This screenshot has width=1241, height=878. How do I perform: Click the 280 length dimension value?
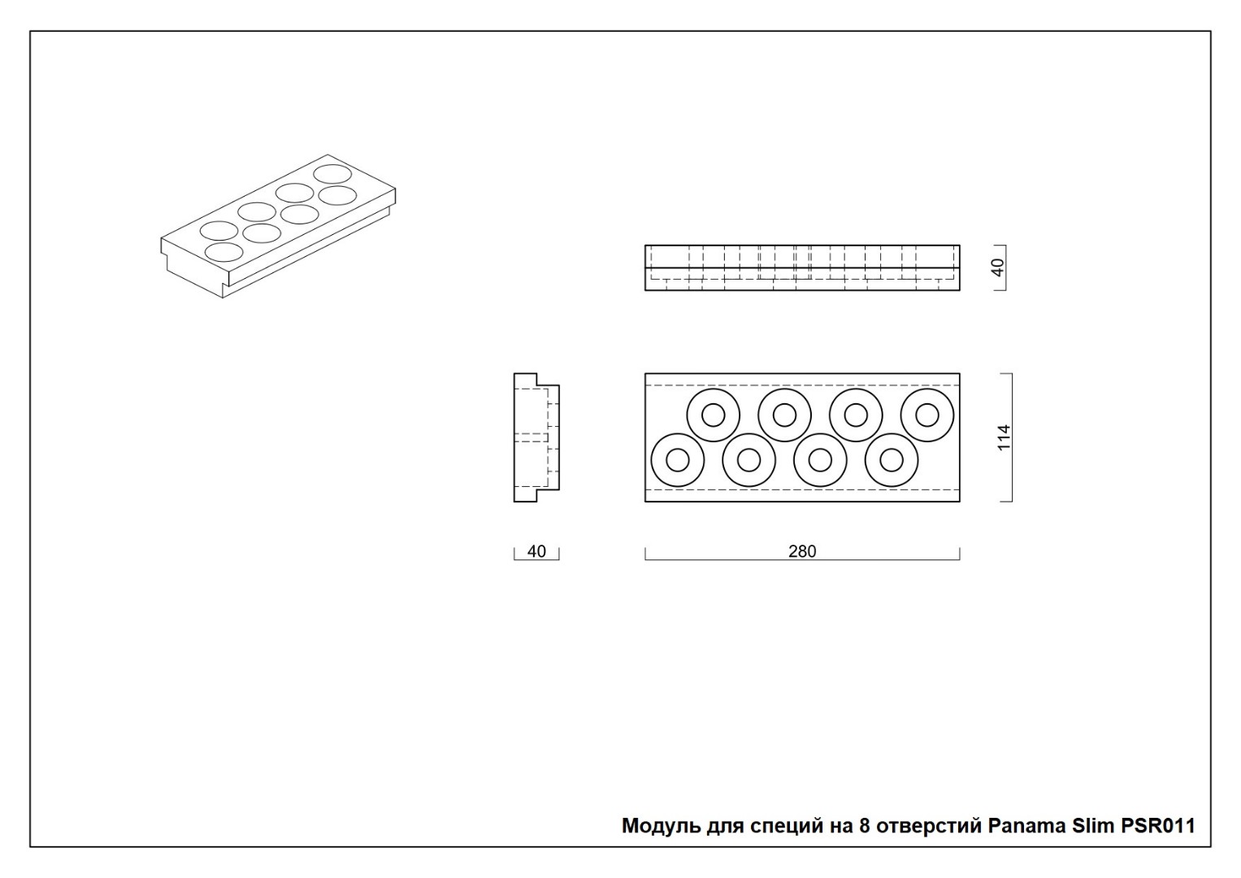click(x=802, y=551)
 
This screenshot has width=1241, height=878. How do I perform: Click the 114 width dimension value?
click(x=1004, y=437)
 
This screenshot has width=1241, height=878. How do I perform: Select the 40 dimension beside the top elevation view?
click(x=997, y=267)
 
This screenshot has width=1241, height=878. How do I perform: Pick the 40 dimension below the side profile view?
click(x=536, y=551)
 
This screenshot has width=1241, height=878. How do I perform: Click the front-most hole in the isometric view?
click(x=223, y=243)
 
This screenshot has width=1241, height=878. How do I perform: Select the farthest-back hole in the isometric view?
click(x=332, y=165)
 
